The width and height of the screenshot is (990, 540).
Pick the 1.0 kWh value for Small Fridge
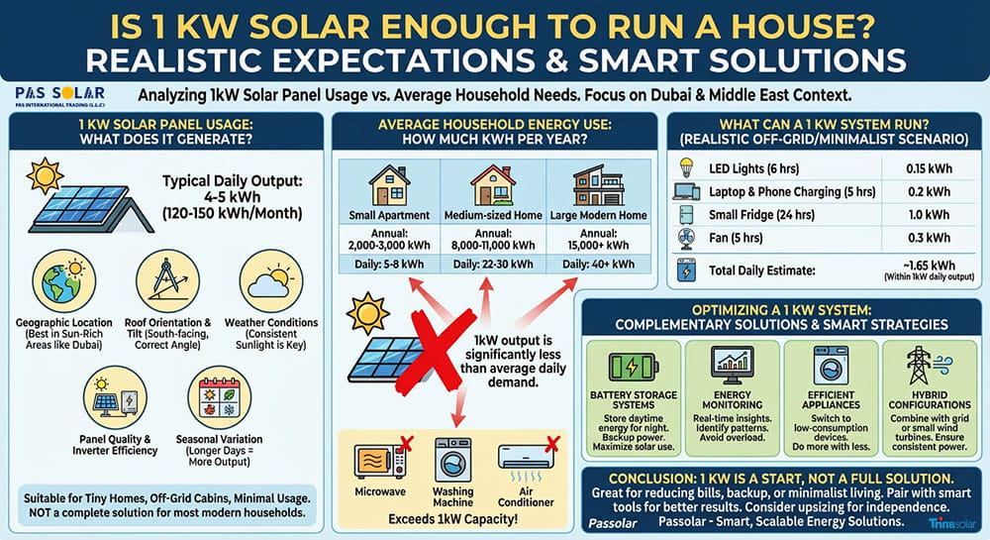[929, 215]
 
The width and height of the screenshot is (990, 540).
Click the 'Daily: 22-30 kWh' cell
[493, 265]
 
